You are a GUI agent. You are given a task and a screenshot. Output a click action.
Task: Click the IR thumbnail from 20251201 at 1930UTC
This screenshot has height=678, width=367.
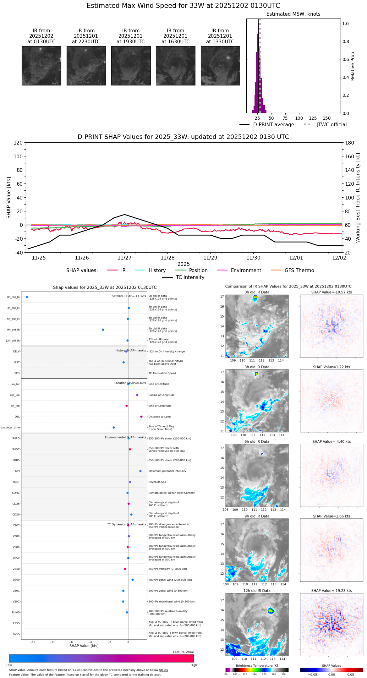[x=131, y=66]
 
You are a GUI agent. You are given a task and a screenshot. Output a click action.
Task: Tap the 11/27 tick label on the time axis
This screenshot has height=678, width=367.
[x=124, y=258]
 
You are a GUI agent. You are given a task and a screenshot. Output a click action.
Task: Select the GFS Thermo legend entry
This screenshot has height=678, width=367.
[x=299, y=271]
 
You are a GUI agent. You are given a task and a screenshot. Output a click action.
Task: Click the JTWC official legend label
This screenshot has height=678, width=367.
[x=331, y=125]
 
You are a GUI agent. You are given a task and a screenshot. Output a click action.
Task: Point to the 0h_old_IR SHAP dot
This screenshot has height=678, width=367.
[x=27, y=297]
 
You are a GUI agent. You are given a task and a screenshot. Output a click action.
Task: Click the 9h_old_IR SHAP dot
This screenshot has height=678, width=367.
[x=103, y=330]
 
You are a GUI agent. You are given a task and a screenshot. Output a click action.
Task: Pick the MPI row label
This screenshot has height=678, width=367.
[x=17, y=471]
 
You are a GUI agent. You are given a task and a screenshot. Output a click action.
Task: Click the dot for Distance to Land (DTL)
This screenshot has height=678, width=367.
[x=141, y=417]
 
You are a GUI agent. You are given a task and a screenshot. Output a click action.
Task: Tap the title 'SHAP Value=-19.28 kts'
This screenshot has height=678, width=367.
[x=331, y=591]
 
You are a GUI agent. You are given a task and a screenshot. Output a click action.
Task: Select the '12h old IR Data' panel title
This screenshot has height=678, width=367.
[x=257, y=591]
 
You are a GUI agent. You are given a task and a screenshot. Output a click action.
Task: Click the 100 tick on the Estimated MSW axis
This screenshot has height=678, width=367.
[x=299, y=118]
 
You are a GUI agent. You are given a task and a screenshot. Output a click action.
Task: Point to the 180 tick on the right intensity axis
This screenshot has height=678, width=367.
[x=350, y=143]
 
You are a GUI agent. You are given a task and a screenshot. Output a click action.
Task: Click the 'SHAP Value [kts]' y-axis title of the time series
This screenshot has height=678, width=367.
[x=9, y=198]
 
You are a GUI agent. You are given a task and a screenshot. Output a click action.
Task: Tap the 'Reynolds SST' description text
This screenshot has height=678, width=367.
[x=157, y=482]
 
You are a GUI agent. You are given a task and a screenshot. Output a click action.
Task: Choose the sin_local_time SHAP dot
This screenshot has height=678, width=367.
[x=114, y=428]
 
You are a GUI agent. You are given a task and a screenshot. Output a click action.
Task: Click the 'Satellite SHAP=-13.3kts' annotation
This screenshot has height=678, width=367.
[x=129, y=296]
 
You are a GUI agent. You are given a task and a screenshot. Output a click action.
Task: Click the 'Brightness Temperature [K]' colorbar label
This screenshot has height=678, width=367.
[x=257, y=665]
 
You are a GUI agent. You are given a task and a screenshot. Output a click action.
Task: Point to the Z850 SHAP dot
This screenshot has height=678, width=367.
[x=125, y=569]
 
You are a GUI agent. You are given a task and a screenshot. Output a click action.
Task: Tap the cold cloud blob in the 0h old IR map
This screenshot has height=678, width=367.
[x=255, y=297]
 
